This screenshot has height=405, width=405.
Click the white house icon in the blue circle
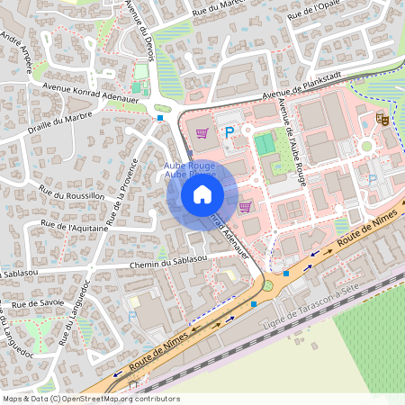click(x=202, y=193)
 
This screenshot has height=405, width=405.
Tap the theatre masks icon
click(x=382, y=117)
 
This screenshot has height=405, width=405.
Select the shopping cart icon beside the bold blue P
click(x=202, y=133)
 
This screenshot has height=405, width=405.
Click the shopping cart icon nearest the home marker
click(x=244, y=206)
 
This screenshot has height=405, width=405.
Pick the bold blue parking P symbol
click(x=229, y=132)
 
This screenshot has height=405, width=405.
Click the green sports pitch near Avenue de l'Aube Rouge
click(x=264, y=143)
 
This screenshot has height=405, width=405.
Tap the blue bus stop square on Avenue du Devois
click(x=160, y=117)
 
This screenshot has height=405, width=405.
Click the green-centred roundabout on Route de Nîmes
click(x=267, y=285)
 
